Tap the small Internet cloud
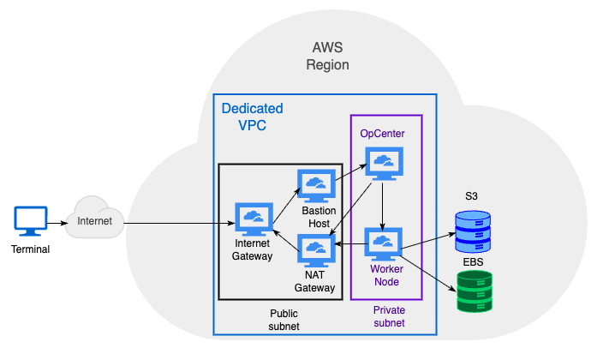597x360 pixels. click(94, 219)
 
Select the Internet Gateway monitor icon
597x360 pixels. click(254, 219)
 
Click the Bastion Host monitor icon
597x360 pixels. click(316, 185)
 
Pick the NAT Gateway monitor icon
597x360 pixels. click(316, 250)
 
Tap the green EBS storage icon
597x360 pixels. click(474, 291)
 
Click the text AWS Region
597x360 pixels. click(328, 57)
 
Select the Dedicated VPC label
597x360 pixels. click(252, 117)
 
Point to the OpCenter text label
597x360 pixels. click(382, 134)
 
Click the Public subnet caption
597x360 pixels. click(284, 321)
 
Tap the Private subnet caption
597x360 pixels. click(389, 316)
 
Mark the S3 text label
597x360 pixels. click(472, 197)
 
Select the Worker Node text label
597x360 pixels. click(385, 275)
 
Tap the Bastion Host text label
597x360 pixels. click(318, 217)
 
